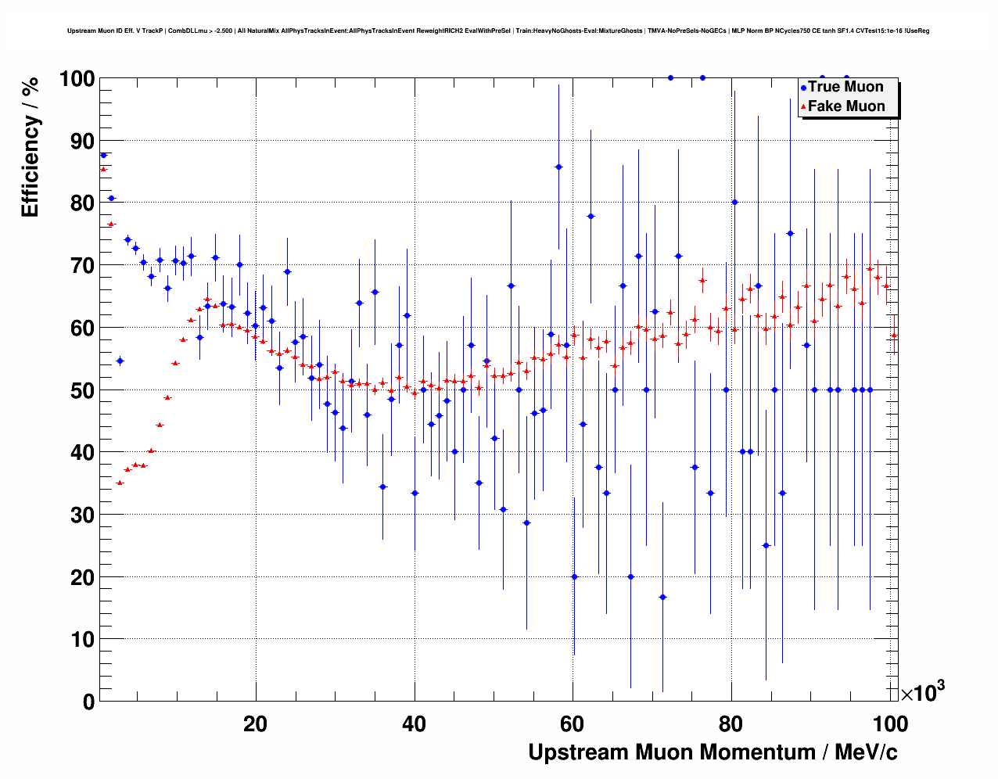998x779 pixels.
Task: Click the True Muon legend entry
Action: point(845,87)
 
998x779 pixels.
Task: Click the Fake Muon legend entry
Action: point(845,106)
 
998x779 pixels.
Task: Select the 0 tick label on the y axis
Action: point(88,702)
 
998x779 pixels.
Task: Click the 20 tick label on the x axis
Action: point(255,723)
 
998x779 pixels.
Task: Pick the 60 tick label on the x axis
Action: point(572,723)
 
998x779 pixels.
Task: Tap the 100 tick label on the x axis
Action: point(890,723)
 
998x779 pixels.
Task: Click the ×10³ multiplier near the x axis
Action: point(922,692)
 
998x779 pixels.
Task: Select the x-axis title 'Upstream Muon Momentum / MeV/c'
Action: point(713,752)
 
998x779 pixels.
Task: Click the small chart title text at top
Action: point(498,31)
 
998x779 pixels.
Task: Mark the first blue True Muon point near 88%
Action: point(103,155)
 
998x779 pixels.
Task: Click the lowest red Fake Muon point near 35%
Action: point(120,483)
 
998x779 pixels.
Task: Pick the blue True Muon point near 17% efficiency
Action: point(662,597)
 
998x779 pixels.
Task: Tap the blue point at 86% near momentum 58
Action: point(558,167)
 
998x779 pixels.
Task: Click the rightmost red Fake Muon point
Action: point(894,335)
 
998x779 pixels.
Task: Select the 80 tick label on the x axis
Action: point(731,723)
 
